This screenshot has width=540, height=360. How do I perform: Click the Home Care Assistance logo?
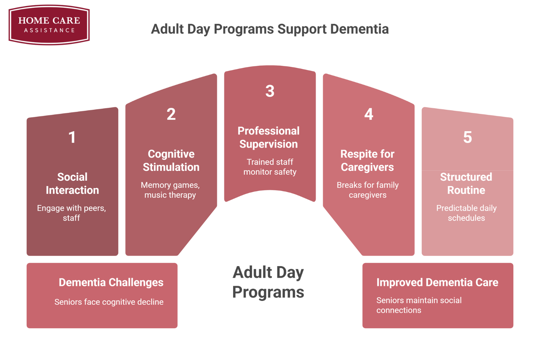(x=49, y=25)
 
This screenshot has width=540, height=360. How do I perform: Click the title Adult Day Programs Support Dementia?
(x=270, y=29)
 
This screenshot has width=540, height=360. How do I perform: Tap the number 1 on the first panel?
(x=72, y=137)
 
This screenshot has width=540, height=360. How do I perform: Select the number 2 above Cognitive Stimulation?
(x=171, y=114)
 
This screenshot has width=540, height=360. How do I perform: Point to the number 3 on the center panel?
(x=270, y=91)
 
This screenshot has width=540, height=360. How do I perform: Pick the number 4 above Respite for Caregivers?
(x=368, y=114)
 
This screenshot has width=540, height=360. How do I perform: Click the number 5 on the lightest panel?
(x=467, y=137)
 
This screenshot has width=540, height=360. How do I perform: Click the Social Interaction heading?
(x=72, y=184)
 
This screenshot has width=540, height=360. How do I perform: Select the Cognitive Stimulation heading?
(x=171, y=160)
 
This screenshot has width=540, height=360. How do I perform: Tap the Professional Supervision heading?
(x=269, y=137)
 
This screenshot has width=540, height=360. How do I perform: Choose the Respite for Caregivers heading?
(x=367, y=160)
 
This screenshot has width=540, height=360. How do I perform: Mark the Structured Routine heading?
(x=466, y=184)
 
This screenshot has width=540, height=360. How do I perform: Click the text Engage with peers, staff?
(x=71, y=213)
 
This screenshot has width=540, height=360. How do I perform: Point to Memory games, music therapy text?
(x=170, y=190)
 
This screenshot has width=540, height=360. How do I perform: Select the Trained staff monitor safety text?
(x=270, y=167)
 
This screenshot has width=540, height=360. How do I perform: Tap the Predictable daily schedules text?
(x=466, y=213)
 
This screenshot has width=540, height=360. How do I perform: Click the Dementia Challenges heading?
(x=111, y=282)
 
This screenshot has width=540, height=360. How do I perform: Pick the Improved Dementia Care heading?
(x=437, y=282)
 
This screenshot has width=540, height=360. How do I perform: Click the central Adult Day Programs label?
(x=268, y=282)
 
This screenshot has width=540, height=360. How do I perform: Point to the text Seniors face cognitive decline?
(x=109, y=302)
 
